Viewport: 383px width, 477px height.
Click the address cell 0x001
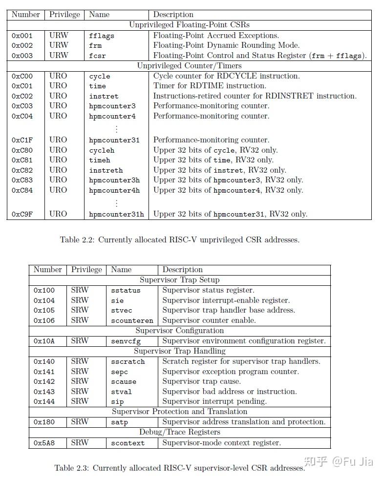pyautogui.click(x=22, y=36)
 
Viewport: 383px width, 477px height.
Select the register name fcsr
pyautogui.click(x=97, y=56)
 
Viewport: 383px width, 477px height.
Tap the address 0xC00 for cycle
pyautogui.click(x=22, y=76)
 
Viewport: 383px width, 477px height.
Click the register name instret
pyautogui.click(x=104, y=96)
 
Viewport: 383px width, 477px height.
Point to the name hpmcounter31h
pyautogui.click(x=116, y=214)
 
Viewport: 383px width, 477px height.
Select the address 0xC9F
pyautogui.click(x=22, y=214)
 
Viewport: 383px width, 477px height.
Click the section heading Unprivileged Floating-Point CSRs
pyautogui.click(x=189, y=25)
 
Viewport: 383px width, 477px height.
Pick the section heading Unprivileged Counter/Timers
pyautogui.click(x=189, y=65)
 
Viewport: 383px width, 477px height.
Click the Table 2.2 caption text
pyautogui.click(x=179, y=239)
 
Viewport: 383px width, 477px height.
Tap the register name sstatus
pyautogui.click(x=126, y=290)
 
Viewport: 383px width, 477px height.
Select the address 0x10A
pyautogui.click(x=44, y=341)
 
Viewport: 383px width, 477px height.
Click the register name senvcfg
pyautogui.click(x=126, y=341)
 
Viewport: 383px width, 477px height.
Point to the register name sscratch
pyautogui.click(x=128, y=361)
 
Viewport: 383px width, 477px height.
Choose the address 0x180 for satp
pyautogui.click(x=44, y=422)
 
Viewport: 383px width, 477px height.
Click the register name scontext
pyautogui.click(x=128, y=443)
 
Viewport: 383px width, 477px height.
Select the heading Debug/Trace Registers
pyautogui.click(x=179, y=432)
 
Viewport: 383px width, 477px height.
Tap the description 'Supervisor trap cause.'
pyautogui.click(x=201, y=381)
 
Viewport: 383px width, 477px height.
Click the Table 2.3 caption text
pyautogui.click(x=179, y=468)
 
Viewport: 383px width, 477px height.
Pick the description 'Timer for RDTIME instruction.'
pyautogui.click(x=210, y=86)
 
